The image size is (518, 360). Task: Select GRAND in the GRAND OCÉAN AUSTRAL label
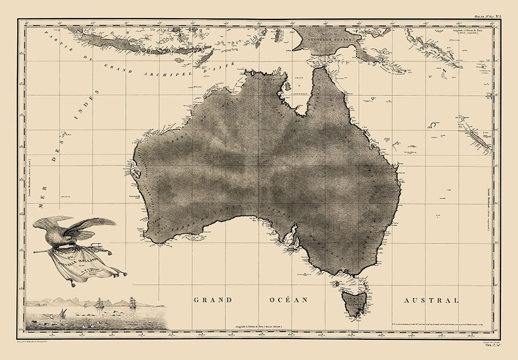pos(212,300)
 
